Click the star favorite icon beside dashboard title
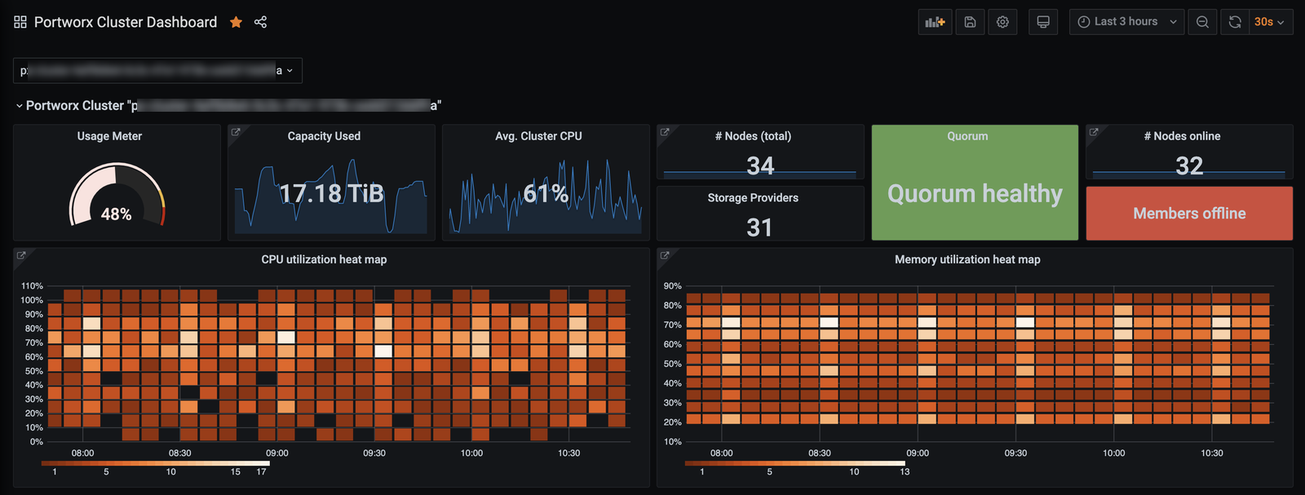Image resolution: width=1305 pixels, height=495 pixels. click(236, 22)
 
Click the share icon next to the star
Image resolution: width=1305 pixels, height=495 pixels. click(260, 22)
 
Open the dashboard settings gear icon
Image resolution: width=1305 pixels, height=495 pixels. click(1002, 22)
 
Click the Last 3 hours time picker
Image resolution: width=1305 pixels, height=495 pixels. click(1126, 22)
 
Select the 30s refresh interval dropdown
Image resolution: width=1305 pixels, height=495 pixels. click(1268, 22)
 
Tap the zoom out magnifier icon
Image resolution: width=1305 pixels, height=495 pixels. click(1202, 22)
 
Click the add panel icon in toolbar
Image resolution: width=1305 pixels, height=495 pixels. click(935, 22)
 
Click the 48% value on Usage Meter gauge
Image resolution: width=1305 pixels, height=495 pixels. click(116, 214)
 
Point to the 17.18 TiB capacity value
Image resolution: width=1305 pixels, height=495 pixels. click(331, 193)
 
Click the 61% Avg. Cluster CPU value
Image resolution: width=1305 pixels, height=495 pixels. click(545, 193)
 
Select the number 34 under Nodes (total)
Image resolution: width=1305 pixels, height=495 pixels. click(760, 166)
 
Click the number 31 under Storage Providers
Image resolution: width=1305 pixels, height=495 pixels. click(759, 228)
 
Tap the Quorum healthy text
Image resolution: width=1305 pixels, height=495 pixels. click(975, 193)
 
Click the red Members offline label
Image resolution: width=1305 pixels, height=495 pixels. click(1189, 214)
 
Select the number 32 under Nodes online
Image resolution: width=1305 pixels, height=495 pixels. click(1189, 166)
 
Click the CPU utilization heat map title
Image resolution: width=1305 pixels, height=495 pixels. click(324, 259)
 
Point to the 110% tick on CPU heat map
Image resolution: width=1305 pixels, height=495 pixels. click(32, 286)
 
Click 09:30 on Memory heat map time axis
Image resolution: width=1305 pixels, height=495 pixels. click(1015, 453)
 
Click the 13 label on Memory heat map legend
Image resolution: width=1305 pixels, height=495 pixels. click(905, 471)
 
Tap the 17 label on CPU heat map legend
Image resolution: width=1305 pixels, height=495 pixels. click(261, 471)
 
